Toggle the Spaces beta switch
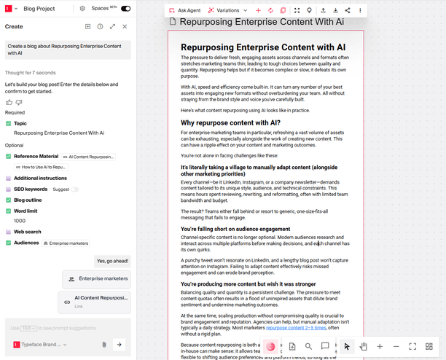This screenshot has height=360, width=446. (x=125, y=8)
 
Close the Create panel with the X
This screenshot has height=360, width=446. (x=125, y=26)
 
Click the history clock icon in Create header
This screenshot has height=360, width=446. (x=100, y=26)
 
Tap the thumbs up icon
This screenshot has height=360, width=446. (x=9, y=102)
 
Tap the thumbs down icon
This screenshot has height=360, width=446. (x=19, y=102)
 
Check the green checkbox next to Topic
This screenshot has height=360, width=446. (x=9, y=124)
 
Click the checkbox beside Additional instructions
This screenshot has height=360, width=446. (x=9, y=178)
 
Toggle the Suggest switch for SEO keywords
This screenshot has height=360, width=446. (x=74, y=189)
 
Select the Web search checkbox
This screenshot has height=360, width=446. (x=9, y=231)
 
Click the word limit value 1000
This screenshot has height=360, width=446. (x=20, y=221)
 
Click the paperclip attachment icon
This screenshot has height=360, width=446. (x=104, y=344)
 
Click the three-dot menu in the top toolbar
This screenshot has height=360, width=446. (x=360, y=11)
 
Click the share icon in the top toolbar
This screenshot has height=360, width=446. (x=348, y=11)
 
